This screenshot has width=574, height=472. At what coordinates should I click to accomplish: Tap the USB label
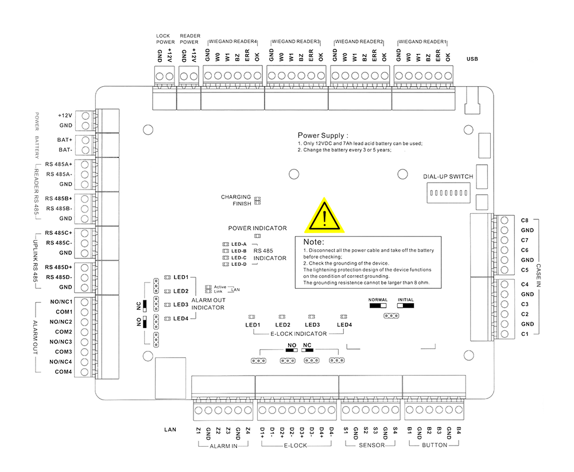pyautogui.click(x=472, y=59)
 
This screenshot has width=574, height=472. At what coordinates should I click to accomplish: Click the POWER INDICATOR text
pyautogui.click(x=257, y=228)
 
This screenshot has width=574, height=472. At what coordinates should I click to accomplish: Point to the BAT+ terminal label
pyautogui.click(x=65, y=140)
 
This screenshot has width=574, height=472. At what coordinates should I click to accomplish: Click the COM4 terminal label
pyautogui.click(x=64, y=372)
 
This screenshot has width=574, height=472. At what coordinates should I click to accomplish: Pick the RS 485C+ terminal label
pyautogui.click(x=60, y=233)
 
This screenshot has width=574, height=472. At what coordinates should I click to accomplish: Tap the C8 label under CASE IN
pyautogui.click(x=525, y=220)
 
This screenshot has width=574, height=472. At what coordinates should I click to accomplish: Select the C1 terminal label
pyautogui.click(x=525, y=334)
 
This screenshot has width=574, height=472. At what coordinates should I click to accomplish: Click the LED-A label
pyautogui.click(x=239, y=245)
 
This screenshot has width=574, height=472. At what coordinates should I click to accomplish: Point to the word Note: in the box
pyautogui.click(x=314, y=242)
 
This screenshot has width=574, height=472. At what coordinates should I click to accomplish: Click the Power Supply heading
pyautogui.click(x=323, y=135)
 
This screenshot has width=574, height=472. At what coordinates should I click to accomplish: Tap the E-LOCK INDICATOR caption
pyautogui.click(x=298, y=334)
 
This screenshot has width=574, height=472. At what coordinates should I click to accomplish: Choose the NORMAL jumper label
pyautogui.click(x=378, y=300)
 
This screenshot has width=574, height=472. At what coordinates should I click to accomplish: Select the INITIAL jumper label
pyautogui.click(x=405, y=300)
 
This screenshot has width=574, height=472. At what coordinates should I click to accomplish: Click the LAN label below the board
pyautogui.click(x=169, y=429)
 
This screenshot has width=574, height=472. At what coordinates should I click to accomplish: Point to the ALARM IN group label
pyautogui.click(x=223, y=445)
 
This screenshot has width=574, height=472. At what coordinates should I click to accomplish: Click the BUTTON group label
pyautogui.click(x=434, y=445)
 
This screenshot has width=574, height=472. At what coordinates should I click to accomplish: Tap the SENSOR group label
pyautogui.click(x=371, y=445)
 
